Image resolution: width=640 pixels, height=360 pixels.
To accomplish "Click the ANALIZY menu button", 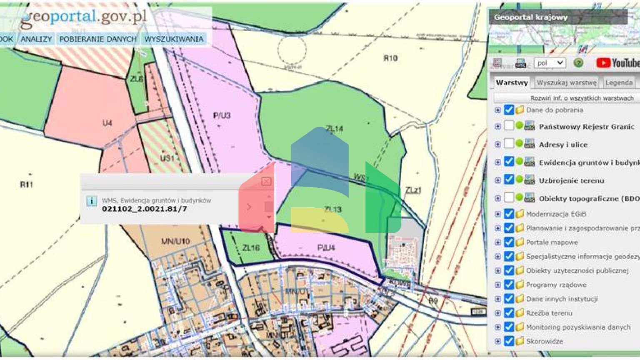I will (x=36, y=39).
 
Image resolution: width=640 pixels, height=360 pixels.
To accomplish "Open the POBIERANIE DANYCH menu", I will (x=98, y=39).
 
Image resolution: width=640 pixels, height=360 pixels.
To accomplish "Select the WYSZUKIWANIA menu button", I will (x=174, y=39).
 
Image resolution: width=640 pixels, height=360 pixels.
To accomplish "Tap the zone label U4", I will (x=107, y=123).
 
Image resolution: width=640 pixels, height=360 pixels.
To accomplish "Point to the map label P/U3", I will (x=222, y=115).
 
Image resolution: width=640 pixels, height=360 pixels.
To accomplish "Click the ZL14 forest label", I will (x=335, y=129).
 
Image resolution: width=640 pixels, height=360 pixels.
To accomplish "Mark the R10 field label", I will (x=390, y=58).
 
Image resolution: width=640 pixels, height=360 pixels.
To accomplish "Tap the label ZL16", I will (x=251, y=248).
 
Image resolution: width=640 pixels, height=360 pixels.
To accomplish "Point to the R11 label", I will (x=26, y=184).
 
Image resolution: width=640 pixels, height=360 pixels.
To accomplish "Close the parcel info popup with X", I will (x=266, y=181).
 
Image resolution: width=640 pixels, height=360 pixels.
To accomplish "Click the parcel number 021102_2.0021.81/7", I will (x=144, y=209).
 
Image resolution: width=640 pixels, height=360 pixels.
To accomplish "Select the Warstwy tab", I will (x=512, y=82).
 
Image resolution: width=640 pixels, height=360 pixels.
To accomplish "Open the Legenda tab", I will (x=619, y=82).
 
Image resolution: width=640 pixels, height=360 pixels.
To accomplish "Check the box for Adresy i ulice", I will (x=509, y=144).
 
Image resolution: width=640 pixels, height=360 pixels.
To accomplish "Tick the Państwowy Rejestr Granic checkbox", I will (x=509, y=125).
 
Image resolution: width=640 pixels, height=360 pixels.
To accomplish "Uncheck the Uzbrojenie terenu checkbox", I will (x=509, y=180).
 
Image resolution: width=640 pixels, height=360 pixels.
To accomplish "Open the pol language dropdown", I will (x=550, y=63).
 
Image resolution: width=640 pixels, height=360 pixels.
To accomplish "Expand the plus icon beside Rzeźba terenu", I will (x=497, y=313).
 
